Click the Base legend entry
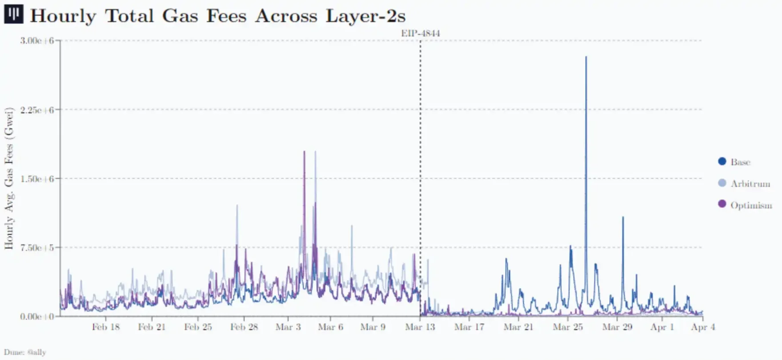pyautogui.click(x=740, y=162)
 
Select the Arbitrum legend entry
pyautogui.click(x=750, y=184)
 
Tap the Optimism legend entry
pyautogui.click(x=750, y=205)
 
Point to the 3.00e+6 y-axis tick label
pyautogui.click(x=37, y=41)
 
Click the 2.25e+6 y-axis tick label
pyautogui.click(x=37, y=110)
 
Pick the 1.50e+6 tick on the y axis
pyautogui.click(x=37, y=179)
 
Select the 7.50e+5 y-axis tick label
pyautogui.click(x=37, y=248)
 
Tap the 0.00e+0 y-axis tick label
pyautogui.click(x=37, y=316)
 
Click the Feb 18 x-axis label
pyautogui.click(x=106, y=328)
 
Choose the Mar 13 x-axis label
pyautogui.click(x=420, y=328)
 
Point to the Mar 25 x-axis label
pyautogui.click(x=568, y=328)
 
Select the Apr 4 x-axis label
pyautogui.click(x=703, y=328)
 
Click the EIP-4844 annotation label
pyautogui.click(x=421, y=33)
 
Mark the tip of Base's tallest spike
pyautogui.click(x=586, y=57)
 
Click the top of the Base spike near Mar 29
pyautogui.click(x=623, y=217)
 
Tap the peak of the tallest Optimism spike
pyautogui.click(x=304, y=152)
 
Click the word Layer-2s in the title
pyautogui.click(x=365, y=16)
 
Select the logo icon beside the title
pyautogui.click(x=13, y=14)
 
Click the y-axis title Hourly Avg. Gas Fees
pyautogui.click(x=9, y=178)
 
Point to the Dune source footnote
pyautogui.click(x=25, y=352)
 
